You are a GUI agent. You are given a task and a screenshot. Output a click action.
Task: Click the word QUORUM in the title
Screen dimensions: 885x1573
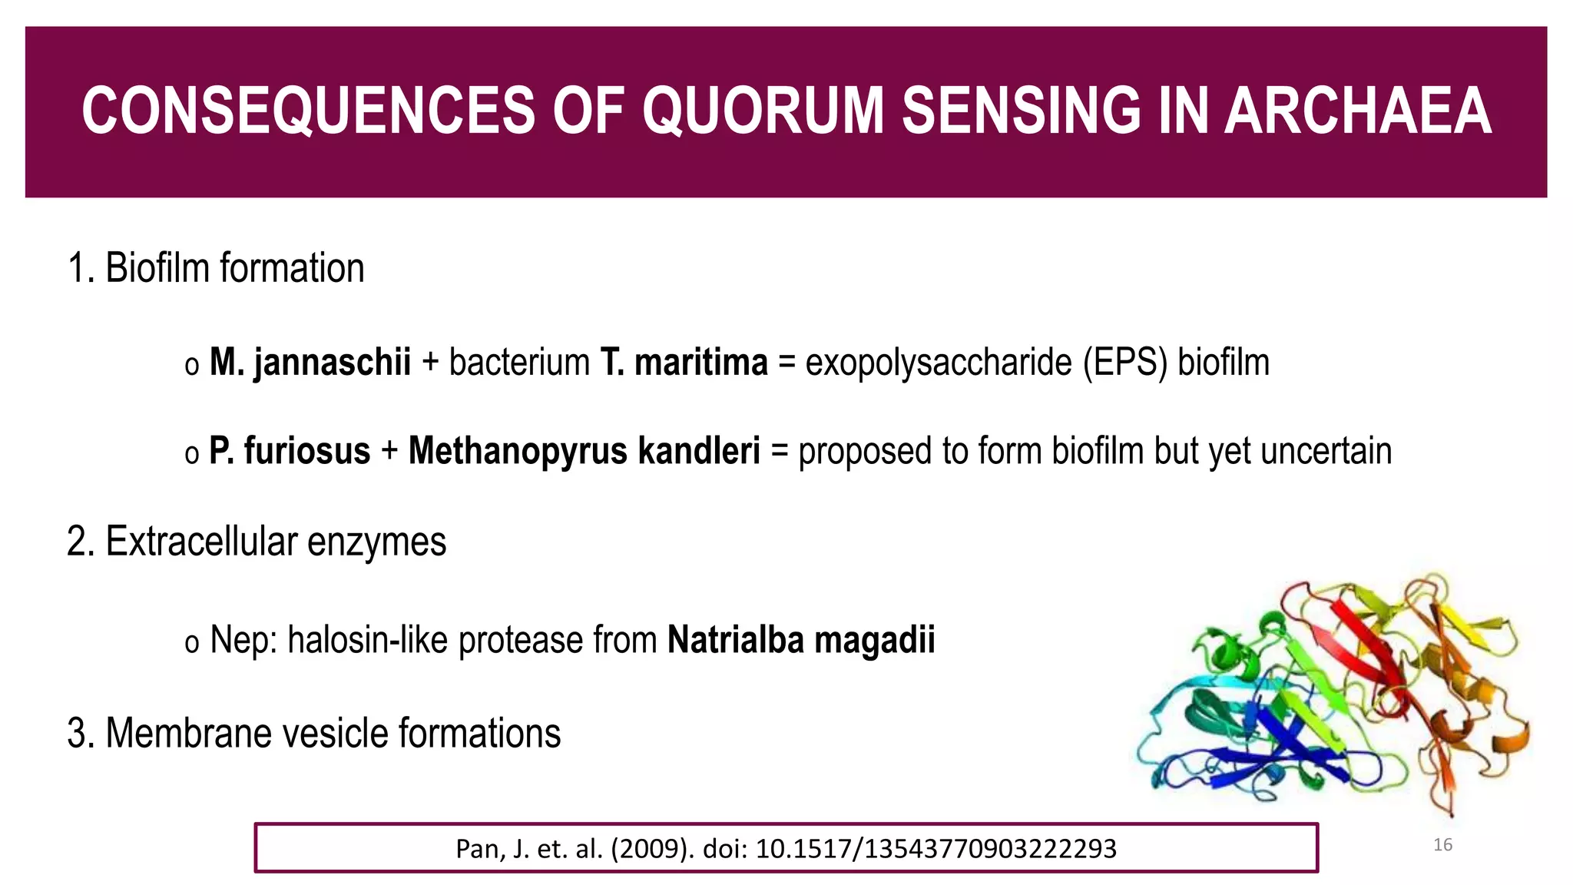pos(764,111)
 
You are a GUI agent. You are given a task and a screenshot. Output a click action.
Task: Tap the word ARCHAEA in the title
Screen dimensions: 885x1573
pos(1357,111)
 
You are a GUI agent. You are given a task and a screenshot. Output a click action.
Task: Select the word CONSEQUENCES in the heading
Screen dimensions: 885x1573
pos(308,111)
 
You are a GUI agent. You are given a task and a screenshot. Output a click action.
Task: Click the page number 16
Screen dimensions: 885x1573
pos(1442,845)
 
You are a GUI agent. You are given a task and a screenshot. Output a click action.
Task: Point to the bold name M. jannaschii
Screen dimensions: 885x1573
pos(310,363)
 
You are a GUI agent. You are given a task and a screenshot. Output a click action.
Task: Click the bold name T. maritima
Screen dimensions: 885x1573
pos(684,363)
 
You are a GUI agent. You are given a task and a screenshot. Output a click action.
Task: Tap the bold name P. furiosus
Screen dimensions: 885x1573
pos(290,451)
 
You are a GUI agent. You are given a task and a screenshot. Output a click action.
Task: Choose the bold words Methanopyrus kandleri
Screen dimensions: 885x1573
pos(584,451)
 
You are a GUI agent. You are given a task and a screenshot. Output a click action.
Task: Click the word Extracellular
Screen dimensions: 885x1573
pos(200,542)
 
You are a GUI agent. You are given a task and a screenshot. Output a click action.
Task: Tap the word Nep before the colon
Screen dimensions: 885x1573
pos(237,640)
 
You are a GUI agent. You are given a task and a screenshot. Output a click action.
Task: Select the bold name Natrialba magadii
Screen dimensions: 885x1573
pos(801,640)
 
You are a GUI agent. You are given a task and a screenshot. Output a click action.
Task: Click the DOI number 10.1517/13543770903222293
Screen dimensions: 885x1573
pos(936,848)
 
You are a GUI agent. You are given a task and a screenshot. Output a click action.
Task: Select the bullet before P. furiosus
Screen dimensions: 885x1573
pos(191,454)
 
